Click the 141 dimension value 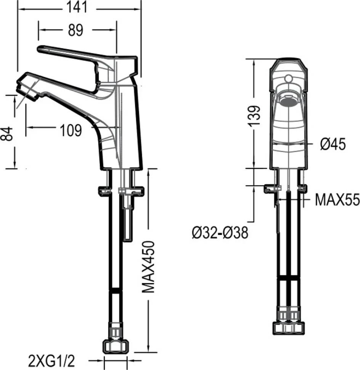coord(77,7)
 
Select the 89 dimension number coord(76,30)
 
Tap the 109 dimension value coord(71,130)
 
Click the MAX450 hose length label coord(149,267)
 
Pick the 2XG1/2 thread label coord(51,361)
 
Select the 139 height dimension coord(255,116)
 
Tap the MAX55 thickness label coord(337,199)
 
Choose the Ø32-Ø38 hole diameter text coord(220,233)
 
